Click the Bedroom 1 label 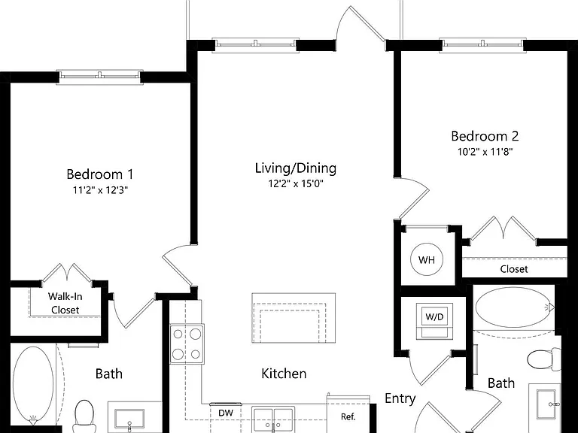pyautogui.click(x=99, y=174)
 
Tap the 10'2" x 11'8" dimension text pyautogui.click(x=485, y=152)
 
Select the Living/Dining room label pyautogui.click(x=296, y=168)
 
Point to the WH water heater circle pyautogui.click(x=427, y=260)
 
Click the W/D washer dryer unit pyautogui.click(x=434, y=321)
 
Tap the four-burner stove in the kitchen pyautogui.click(x=187, y=344)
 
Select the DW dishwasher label pyautogui.click(x=226, y=413)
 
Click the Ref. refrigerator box pyautogui.click(x=348, y=413)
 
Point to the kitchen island pyautogui.click(x=294, y=318)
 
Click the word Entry pyautogui.click(x=400, y=398)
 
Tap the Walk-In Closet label pyautogui.click(x=65, y=303)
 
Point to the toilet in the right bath pyautogui.click(x=544, y=359)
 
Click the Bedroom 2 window pyautogui.click(x=483, y=44)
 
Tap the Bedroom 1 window pyautogui.click(x=99, y=76)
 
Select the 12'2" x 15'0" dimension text pyautogui.click(x=296, y=183)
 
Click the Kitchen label pyautogui.click(x=284, y=374)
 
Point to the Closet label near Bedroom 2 pyautogui.click(x=514, y=269)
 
